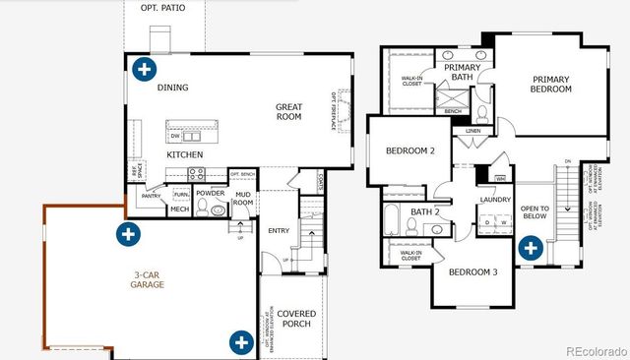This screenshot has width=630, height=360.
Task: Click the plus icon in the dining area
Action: [145, 69]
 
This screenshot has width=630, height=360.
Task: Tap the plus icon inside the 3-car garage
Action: [127, 234]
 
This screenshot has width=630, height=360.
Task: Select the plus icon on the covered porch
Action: [241, 341]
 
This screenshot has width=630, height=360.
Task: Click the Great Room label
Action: [288, 111]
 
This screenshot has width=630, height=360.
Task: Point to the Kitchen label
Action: [184, 155]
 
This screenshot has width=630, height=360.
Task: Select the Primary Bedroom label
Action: [551, 85]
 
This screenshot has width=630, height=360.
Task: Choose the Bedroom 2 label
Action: [410, 150]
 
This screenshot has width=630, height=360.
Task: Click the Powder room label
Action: [210, 193]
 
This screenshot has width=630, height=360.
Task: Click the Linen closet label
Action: [473, 130]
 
